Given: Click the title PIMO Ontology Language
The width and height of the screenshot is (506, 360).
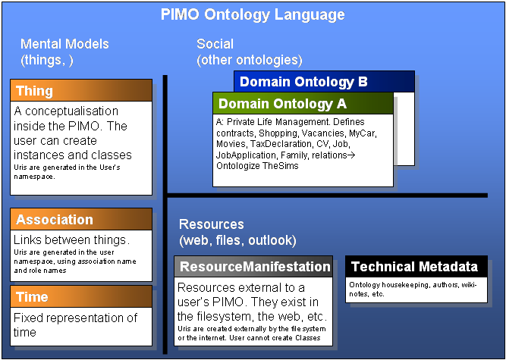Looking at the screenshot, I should click(x=253, y=14).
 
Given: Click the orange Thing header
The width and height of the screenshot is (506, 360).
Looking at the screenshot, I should click(x=82, y=91).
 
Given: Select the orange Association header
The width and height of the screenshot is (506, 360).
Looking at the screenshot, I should click(x=82, y=220).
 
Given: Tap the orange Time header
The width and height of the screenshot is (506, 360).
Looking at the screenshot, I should click(x=82, y=297).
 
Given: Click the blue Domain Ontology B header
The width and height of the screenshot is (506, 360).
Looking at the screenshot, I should click(x=325, y=81).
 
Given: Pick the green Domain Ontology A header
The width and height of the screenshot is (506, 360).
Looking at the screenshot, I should click(x=303, y=103).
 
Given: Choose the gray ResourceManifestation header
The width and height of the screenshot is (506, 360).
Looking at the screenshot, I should click(x=254, y=267).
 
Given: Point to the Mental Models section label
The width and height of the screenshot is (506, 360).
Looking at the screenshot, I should click(x=64, y=44).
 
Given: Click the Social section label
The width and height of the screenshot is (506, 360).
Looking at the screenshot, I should click(x=215, y=44).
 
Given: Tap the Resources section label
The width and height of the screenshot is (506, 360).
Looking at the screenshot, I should click(x=212, y=224).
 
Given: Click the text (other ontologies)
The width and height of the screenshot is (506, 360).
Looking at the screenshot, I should click(x=250, y=59).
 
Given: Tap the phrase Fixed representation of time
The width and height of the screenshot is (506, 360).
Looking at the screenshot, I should click(x=76, y=324).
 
